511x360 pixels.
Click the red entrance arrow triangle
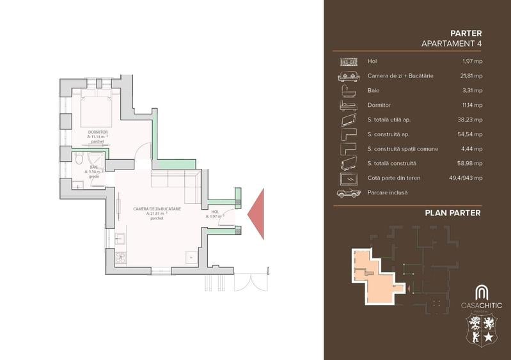(257, 214)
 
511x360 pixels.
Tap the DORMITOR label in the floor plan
(98, 132)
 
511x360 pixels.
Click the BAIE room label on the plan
(93, 167)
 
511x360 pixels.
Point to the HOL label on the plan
(214, 212)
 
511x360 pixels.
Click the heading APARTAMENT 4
(452, 43)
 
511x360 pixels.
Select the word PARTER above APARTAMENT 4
(466, 33)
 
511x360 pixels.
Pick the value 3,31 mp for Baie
(472, 90)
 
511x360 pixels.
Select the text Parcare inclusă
(388, 192)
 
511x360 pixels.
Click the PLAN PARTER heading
(452, 213)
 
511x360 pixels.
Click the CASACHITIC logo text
(482, 305)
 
